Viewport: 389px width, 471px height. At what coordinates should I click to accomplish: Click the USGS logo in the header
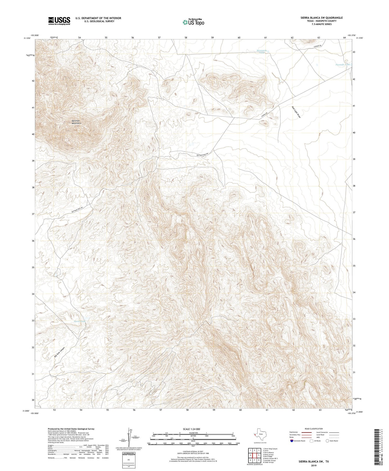(59, 21)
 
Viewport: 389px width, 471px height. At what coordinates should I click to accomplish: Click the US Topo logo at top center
(193, 22)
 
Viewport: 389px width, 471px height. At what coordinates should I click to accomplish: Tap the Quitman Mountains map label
(77, 122)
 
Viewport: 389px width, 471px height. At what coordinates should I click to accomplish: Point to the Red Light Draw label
(296, 112)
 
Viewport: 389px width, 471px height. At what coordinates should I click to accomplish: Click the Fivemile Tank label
(343, 64)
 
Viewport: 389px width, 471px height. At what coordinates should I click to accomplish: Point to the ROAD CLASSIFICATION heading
(314, 429)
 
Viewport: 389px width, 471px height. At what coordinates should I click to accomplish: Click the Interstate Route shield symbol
(292, 441)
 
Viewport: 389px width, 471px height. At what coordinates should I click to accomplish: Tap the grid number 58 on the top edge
(186, 38)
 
